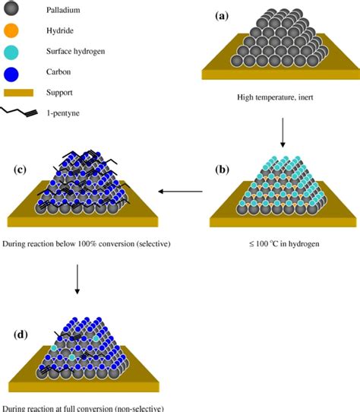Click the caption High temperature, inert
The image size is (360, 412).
(282, 99)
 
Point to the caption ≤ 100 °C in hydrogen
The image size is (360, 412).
(283, 244)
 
